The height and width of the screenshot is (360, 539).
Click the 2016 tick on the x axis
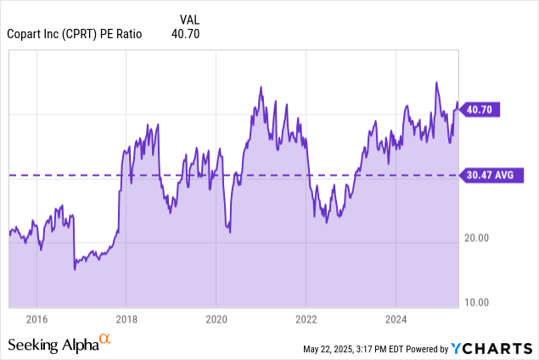(36, 319)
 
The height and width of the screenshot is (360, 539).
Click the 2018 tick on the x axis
(126, 319)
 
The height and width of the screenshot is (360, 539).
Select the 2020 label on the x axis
(216, 319)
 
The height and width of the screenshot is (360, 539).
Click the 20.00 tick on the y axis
(479, 238)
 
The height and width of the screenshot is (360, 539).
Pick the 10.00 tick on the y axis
(479, 302)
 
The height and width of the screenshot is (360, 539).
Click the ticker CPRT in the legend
(85, 34)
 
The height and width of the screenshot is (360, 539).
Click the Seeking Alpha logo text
(53, 345)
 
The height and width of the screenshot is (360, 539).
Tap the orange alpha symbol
(105, 339)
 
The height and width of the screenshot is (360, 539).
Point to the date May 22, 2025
(332, 349)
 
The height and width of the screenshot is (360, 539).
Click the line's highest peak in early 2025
(436, 83)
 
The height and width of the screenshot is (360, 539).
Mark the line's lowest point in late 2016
(75, 269)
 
